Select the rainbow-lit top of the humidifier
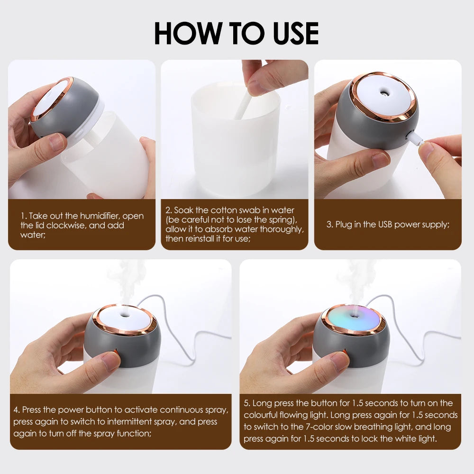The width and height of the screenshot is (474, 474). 353,319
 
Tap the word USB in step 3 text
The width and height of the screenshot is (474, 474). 385,225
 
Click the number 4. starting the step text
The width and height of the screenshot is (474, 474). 17,410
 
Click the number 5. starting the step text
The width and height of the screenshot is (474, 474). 247,403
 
